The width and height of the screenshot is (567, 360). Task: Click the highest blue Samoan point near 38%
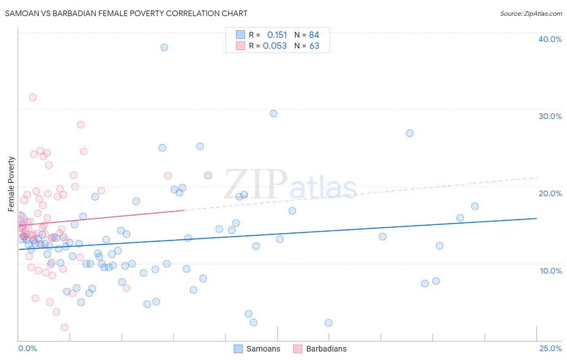[164, 47]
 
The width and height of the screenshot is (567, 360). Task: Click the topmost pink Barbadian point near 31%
[33, 97]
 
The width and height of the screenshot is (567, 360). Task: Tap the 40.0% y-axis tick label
[550, 39]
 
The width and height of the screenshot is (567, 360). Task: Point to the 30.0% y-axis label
[550, 116]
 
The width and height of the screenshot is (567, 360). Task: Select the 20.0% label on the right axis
[550, 193]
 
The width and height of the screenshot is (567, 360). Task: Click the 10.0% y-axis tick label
[550, 271]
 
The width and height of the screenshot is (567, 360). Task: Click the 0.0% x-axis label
[27, 348]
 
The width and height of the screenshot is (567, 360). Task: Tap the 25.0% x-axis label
[550, 348]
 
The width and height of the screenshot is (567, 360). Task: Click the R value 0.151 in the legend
[277, 35]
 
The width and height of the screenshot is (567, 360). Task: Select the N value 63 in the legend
[314, 46]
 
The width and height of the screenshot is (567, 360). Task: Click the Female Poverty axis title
[11, 184]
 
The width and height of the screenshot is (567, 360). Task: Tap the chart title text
[126, 13]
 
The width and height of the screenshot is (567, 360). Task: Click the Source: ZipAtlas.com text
[531, 13]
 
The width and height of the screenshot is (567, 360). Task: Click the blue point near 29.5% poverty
[273, 113]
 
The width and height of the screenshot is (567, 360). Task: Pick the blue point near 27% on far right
[410, 133]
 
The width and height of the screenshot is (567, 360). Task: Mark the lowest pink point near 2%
[65, 327]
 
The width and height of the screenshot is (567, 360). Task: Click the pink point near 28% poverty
[81, 125]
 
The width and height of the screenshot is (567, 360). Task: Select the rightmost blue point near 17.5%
[475, 206]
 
